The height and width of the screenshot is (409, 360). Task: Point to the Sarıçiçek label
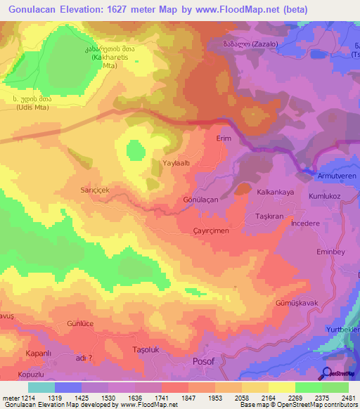click(98, 190)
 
